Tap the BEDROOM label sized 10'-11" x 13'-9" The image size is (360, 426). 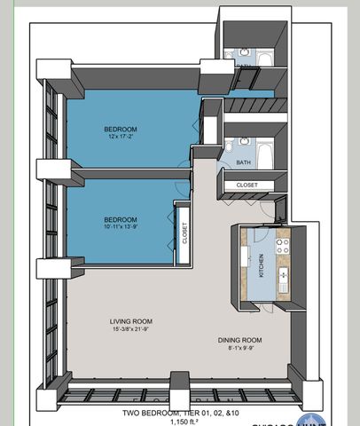pyautogui.click(x=120, y=219)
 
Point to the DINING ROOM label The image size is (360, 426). pyautogui.click(x=240, y=340)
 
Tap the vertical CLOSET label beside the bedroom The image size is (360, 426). pyautogui.click(x=185, y=233)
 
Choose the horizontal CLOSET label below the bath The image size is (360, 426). pyautogui.click(x=247, y=185)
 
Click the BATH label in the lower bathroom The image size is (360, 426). pyautogui.click(x=244, y=162)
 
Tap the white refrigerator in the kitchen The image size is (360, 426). pyautogui.click(x=245, y=257)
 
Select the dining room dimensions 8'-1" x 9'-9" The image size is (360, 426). pyautogui.click(x=240, y=349)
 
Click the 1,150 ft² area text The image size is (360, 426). pyautogui.click(x=180, y=422)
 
